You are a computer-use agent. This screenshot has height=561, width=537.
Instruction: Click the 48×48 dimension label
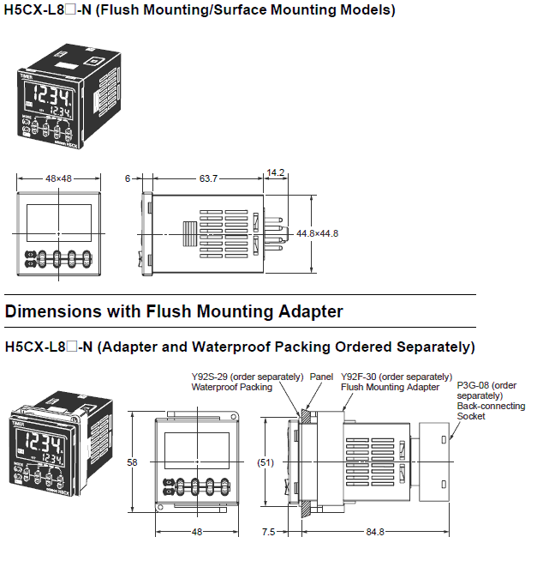[58, 178]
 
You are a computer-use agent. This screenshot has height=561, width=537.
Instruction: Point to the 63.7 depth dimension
[208, 178]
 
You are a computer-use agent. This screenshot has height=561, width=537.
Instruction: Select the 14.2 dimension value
[276, 172]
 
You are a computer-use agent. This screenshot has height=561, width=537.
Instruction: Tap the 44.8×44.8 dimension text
[318, 233]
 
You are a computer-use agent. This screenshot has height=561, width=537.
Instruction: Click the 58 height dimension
[132, 462]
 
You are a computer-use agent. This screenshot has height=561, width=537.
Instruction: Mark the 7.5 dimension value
[267, 532]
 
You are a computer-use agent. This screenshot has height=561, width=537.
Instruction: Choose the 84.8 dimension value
[375, 532]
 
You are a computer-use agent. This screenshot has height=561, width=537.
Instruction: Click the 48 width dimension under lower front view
[196, 532]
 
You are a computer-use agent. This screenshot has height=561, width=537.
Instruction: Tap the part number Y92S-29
[211, 377]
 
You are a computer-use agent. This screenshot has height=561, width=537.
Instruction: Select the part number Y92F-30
[361, 377]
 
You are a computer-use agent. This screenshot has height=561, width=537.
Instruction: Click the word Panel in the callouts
[321, 377]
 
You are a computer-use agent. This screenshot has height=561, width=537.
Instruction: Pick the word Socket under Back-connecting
[471, 416]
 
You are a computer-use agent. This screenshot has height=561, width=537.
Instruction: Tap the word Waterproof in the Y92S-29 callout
[215, 387]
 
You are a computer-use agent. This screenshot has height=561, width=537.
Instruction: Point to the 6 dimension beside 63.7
[127, 178]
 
